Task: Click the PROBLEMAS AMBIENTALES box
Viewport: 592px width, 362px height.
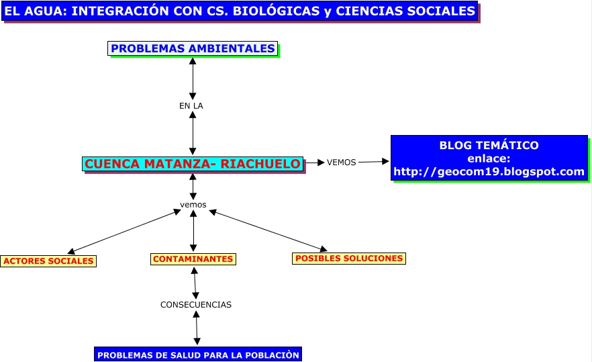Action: (193, 48)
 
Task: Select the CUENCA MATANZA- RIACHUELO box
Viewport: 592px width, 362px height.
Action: (193, 164)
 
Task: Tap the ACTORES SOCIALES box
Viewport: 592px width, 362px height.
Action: (48, 261)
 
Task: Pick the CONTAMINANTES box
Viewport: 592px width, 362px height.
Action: (193, 259)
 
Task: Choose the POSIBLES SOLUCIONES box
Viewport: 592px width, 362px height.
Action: (349, 259)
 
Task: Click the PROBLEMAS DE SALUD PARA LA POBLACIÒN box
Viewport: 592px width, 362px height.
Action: (198, 355)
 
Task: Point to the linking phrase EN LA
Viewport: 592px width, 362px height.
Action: (191, 106)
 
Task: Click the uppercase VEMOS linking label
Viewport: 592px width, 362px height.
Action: (341, 162)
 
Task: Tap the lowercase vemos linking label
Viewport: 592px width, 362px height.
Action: (193, 205)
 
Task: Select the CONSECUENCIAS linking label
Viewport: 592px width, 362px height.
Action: (196, 304)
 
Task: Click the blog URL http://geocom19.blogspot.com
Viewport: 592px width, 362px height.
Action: (489, 171)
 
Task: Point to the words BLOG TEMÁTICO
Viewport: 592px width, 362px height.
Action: (489, 145)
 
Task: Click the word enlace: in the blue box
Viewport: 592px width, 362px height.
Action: (489, 159)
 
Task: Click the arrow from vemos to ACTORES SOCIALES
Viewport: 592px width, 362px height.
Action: (124, 232)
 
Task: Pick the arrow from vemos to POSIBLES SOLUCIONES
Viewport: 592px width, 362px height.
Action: (268, 230)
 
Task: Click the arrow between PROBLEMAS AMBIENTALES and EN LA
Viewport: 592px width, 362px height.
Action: (193, 79)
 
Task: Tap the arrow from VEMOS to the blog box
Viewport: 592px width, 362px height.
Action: (374, 162)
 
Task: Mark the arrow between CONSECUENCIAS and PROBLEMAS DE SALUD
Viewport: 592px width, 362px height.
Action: (196, 328)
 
